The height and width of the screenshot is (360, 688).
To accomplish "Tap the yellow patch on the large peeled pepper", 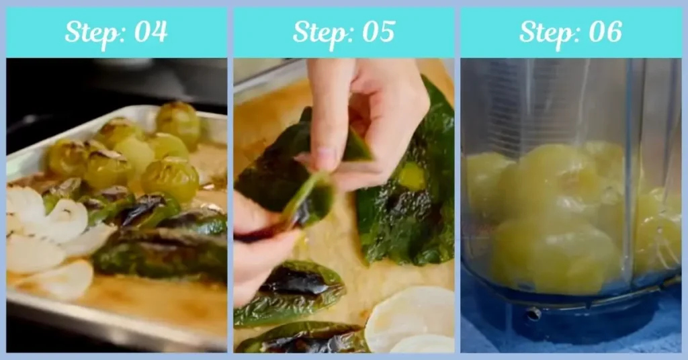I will click(411, 176).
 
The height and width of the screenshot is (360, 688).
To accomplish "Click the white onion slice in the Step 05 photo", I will click(410, 316).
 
